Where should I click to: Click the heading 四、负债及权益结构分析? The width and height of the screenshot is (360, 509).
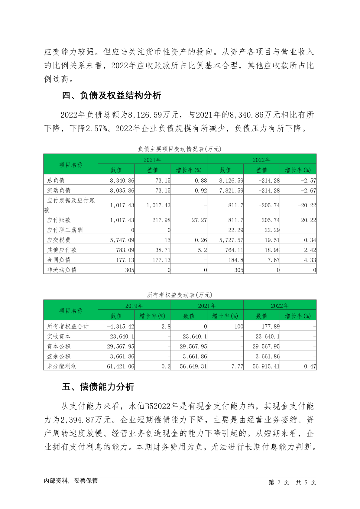pyautogui.click(x=112, y=96)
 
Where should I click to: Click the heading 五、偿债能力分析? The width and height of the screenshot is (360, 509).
pyautogui.click(x=98, y=387)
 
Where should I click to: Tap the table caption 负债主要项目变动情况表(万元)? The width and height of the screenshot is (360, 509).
pyautogui.click(x=180, y=149)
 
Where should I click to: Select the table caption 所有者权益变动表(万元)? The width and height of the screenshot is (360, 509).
pyautogui.click(x=180, y=295)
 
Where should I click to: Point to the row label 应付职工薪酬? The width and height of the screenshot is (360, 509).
pyautogui.click(x=65, y=230)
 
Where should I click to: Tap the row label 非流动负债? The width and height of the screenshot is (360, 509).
pyautogui.click(x=62, y=270)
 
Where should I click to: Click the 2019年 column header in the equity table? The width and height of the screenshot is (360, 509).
pyautogui.click(x=134, y=306)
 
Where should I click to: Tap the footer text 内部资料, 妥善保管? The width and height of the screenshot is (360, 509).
pyautogui.click(x=71, y=481)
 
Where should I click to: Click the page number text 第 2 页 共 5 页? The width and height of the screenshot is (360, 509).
pyautogui.click(x=292, y=482)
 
